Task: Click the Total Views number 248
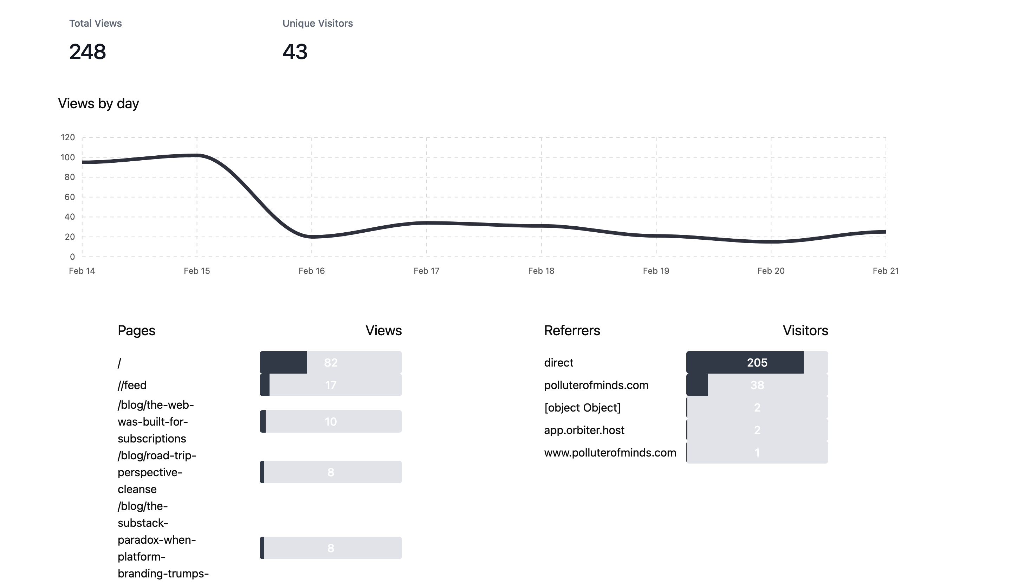[x=87, y=52]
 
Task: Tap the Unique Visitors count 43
[x=295, y=52]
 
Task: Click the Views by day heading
[x=98, y=104]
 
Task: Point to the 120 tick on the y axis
[x=67, y=137]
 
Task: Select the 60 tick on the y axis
[x=70, y=197]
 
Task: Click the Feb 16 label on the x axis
[x=311, y=271]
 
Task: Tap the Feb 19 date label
[x=656, y=271]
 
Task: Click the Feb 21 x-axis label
[x=885, y=271]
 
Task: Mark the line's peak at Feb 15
[x=197, y=155]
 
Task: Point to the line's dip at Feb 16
[x=312, y=237]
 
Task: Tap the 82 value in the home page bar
[x=331, y=363]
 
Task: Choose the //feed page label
[x=132, y=385]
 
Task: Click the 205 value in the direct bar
[x=757, y=363]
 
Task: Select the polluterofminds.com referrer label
[x=596, y=385]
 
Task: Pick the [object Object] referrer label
[x=582, y=408]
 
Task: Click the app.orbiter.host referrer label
[x=584, y=430]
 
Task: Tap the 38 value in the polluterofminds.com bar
[x=757, y=385]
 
